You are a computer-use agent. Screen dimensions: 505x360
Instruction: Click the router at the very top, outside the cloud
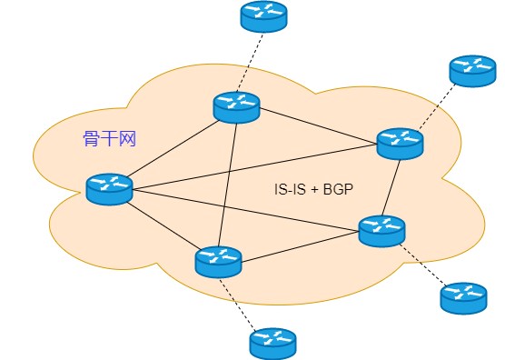coord(263,16)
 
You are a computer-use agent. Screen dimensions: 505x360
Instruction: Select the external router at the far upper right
coord(472,71)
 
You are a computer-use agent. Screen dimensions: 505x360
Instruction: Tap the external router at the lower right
coord(463,298)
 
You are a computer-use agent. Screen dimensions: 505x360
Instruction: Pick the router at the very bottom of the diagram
coord(272,344)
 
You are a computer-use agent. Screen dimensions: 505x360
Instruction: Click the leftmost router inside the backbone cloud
coord(109,189)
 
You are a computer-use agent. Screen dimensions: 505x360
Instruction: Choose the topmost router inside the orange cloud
coord(236,107)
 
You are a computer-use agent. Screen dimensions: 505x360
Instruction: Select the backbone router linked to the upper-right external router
coord(400,144)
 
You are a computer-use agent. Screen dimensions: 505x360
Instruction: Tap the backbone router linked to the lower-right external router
coord(381,231)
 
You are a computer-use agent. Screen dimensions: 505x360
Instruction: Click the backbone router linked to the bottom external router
coord(218,262)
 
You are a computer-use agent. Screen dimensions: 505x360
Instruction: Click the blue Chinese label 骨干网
coord(110,138)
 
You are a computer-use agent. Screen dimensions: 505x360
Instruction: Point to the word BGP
coord(338,189)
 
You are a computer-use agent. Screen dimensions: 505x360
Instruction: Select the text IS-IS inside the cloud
coord(290,189)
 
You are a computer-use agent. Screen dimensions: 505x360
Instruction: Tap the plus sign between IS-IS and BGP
coord(314,190)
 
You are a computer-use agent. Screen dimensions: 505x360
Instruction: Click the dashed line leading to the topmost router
coord(250,63)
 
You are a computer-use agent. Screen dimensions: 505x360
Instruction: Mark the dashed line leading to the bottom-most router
coord(238,305)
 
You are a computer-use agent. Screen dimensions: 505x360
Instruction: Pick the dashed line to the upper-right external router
coord(437,107)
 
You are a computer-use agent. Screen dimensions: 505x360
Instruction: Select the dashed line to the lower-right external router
coord(422,265)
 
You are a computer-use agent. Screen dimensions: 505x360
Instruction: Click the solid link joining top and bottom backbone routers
coord(228,185)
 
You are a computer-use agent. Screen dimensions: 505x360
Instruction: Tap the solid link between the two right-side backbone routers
coord(391,187)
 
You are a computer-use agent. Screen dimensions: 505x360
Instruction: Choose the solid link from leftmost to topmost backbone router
coord(173,149)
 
